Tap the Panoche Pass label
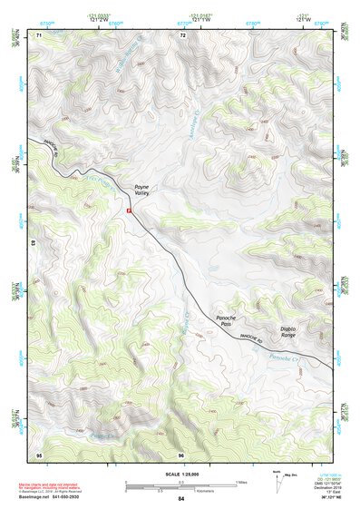coord(226,318)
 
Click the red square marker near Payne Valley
coord(130,210)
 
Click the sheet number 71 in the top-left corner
coord(39,34)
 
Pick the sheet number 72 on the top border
coord(182,34)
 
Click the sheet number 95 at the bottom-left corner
coord(39,454)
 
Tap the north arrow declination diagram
coord(277,480)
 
